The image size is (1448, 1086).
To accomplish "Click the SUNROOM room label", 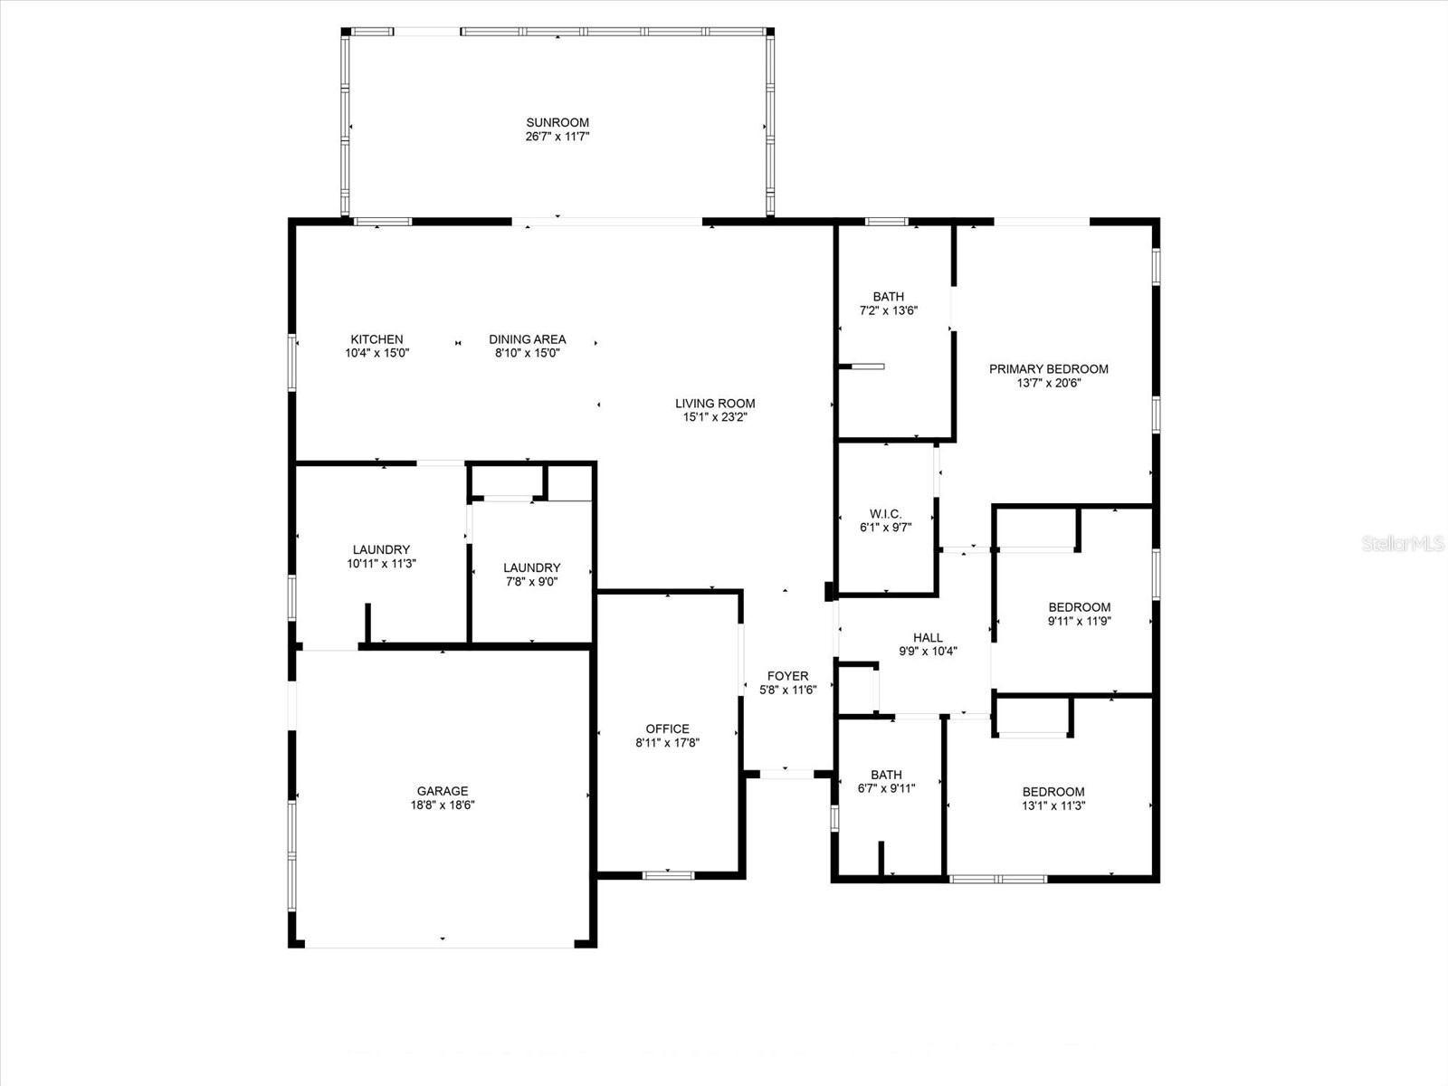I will (x=557, y=123).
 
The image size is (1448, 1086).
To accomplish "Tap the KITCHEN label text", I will (x=376, y=339).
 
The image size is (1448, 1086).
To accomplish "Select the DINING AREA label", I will (x=527, y=339).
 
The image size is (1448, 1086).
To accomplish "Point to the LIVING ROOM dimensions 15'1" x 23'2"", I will (x=715, y=418).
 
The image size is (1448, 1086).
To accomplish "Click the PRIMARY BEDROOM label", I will (x=1048, y=369).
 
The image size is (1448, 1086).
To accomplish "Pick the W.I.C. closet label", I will (x=885, y=514).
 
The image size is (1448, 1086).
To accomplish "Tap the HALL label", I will (x=928, y=638).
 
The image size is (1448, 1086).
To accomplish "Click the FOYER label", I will (x=787, y=676).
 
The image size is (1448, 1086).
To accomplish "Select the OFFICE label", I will (x=667, y=729).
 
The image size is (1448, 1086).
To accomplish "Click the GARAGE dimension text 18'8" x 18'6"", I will (x=443, y=805).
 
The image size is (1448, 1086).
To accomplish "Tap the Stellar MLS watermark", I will (x=1402, y=544).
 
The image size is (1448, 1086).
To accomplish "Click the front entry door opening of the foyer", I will (x=786, y=774).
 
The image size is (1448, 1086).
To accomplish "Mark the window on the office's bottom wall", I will (x=668, y=875).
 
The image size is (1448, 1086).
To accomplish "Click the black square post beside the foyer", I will (x=829, y=592).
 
